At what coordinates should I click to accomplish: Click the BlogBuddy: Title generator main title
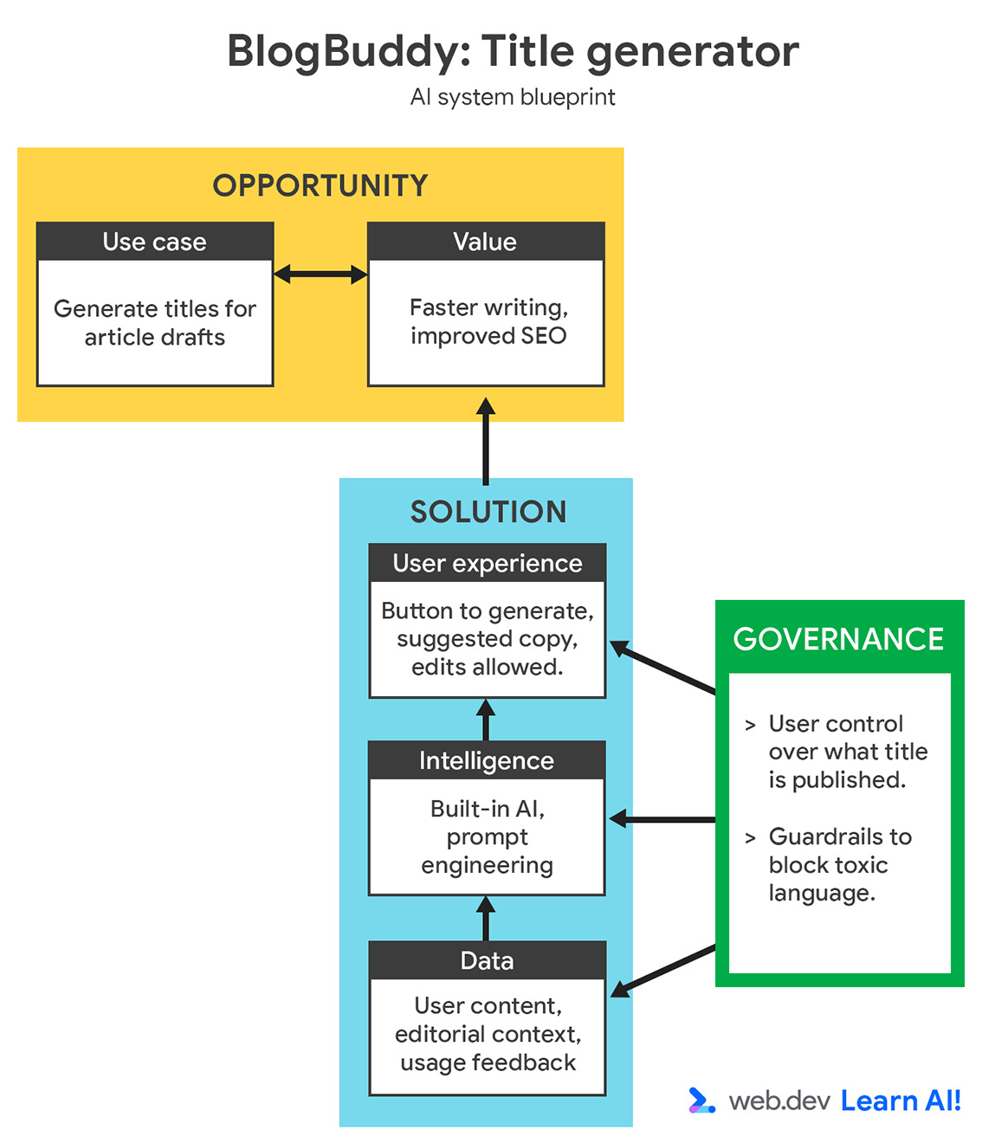[x=512, y=51]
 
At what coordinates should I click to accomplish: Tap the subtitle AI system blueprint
[x=512, y=97]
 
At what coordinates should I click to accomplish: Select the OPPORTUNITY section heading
[x=320, y=185]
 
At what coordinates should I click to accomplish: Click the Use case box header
[x=155, y=242]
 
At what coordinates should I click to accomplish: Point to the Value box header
[x=485, y=242]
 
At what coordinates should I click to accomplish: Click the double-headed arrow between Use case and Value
[x=320, y=275]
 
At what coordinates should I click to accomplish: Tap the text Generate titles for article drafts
[x=155, y=323]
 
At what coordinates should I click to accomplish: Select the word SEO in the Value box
[x=543, y=336]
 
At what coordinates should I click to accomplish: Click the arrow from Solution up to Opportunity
[x=486, y=442]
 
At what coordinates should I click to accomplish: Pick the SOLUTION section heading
[x=488, y=512]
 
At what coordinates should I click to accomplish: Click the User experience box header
[x=487, y=564]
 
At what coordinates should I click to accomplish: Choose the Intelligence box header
[x=487, y=761]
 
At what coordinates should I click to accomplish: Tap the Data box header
[x=487, y=961]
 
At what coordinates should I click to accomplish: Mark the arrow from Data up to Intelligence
[x=486, y=919]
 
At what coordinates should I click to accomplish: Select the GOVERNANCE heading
[x=838, y=639]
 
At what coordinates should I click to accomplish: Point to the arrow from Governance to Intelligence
[x=662, y=819]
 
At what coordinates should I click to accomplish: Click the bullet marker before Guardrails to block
[x=750, y=837]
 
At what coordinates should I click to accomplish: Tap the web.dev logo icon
[x=701, y=1101]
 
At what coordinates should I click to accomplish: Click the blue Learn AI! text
[x=901, y=1101]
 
